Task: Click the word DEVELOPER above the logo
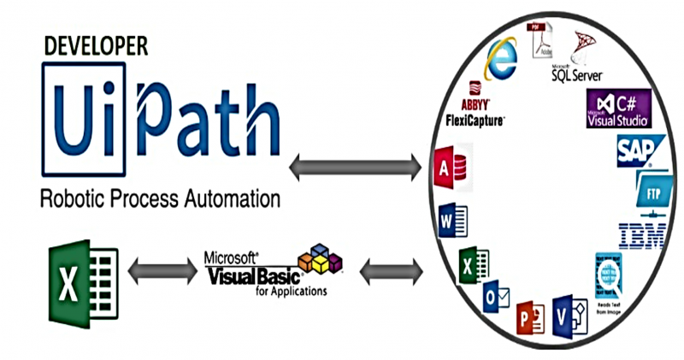coord(95,44)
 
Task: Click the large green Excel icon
coord(79,273)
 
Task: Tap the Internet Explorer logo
coord(501,58)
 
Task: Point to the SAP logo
coord(634,150)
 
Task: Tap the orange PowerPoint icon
coord(529,320)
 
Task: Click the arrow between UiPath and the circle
coord(355,166)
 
